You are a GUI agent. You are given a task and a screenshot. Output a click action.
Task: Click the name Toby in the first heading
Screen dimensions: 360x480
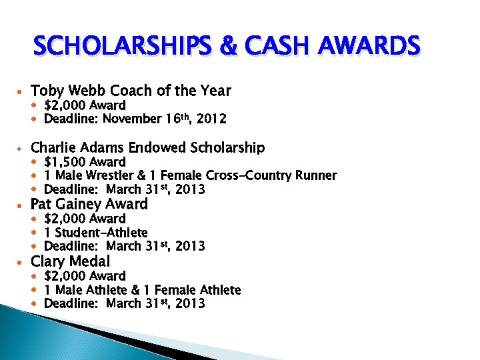(46, 91)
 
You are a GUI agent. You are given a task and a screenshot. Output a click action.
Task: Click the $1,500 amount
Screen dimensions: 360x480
(65, 162)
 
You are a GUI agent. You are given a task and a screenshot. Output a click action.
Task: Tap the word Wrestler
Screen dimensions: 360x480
(114, 176)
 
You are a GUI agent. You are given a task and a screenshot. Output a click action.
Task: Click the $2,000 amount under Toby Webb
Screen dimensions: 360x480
(65, 105)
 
